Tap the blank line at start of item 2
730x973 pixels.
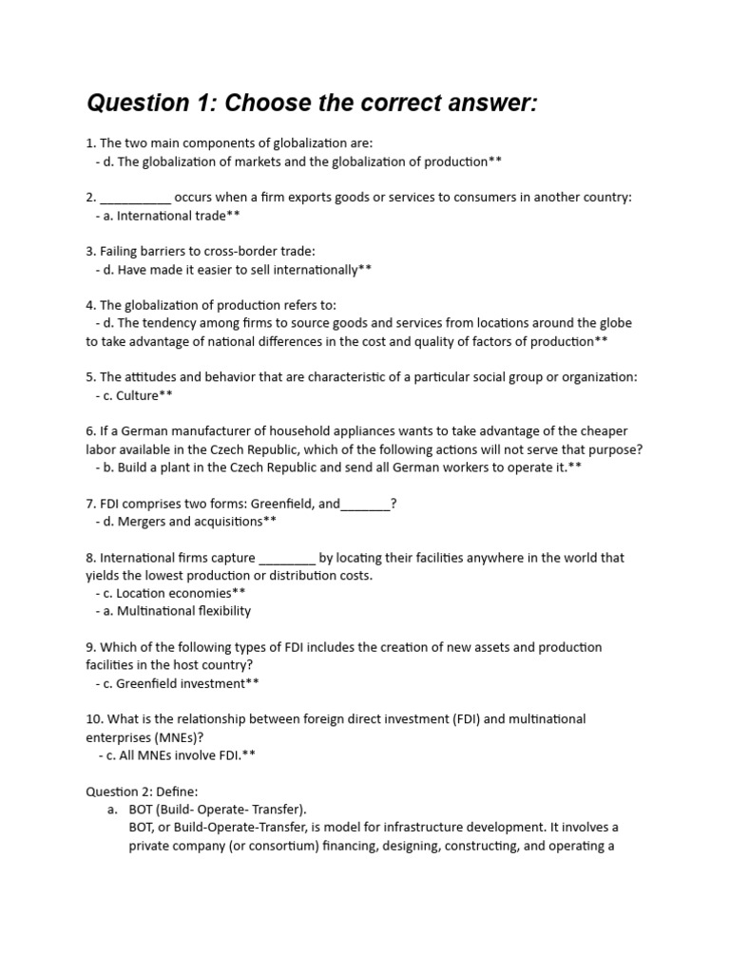pos(135,199)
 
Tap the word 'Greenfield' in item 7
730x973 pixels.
pos(284,504)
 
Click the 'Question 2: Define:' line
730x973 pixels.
pos(142,792)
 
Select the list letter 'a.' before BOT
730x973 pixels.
pos(113,810)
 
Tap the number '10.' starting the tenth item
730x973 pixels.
pos(94,719)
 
